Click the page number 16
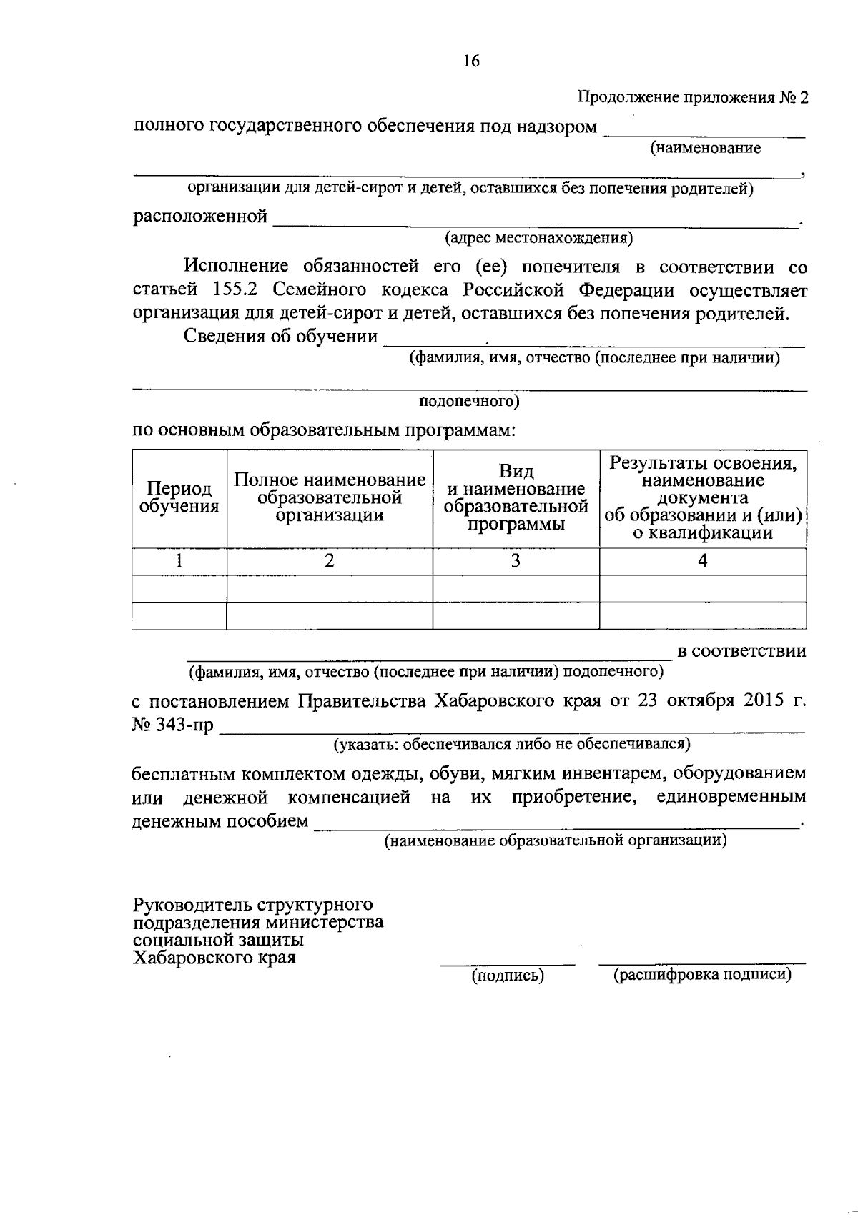coord(471,61)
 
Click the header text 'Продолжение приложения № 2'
coord(693,98)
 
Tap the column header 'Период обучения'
coord(179,498)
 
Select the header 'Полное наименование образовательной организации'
coord(330,498)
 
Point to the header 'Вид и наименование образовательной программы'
coord(516,498)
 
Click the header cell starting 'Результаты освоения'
coord(703,498)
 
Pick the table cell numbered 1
coord(179,562)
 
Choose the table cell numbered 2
coord(330,562)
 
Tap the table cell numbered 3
coord(516,562)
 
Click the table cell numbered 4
coord(703,562)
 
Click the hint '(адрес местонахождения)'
coord(538,237)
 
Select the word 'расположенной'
coord(200,217)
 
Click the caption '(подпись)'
coord(508,976)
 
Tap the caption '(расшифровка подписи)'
coord(702,975)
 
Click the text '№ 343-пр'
coord(172,725)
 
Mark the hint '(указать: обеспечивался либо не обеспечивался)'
coord(512,745)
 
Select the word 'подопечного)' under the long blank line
coord(469,402)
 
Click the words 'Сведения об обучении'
coord(280,337)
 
